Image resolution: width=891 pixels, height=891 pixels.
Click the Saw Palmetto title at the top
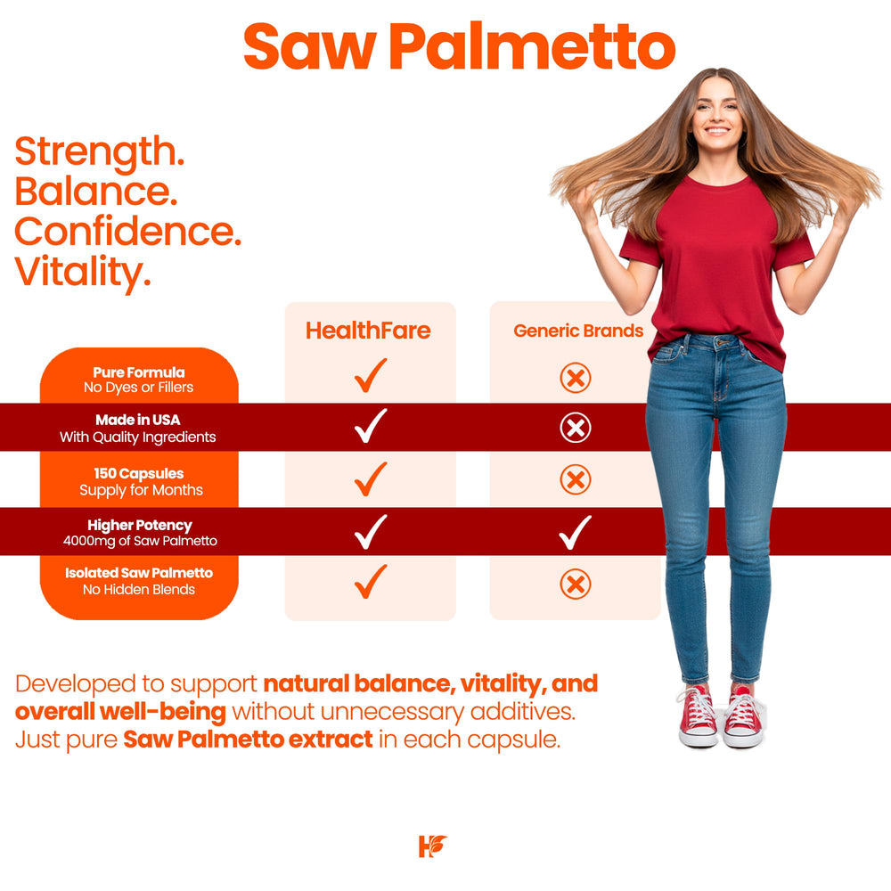[459, 46]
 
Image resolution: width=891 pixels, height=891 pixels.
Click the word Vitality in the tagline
[82, 272]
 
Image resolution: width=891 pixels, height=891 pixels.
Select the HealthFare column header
[368, 331]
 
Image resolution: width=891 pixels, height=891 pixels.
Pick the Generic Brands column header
[578, 331]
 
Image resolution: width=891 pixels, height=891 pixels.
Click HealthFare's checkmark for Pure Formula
[370, 375]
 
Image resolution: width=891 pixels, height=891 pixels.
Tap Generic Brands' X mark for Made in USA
[576, 429]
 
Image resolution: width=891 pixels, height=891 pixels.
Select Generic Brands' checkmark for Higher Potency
[575, 532]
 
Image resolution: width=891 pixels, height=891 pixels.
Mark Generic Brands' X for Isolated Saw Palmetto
[576, 584]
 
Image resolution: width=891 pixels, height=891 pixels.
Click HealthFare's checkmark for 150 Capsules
[370, 478]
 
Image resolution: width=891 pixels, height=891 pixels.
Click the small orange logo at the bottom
[432, 846]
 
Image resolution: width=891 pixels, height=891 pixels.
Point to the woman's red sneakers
[721, 717]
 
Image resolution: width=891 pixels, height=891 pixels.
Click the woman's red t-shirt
[717, 258]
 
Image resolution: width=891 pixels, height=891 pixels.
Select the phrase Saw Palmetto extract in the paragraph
[248, 740]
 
